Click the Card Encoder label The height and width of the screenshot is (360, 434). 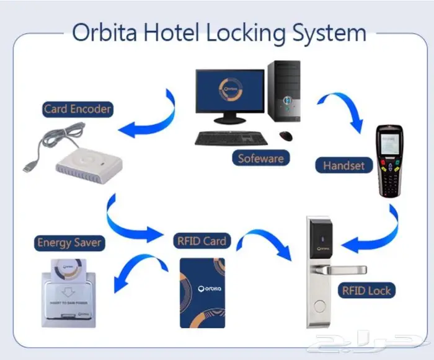point(77,110)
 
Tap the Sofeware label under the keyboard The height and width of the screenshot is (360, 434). point(260,159)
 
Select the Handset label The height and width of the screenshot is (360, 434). point(343,165)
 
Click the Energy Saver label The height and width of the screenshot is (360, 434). point(69,242)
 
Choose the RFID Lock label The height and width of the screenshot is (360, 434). point(368,290)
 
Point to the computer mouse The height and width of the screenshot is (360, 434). point(285,136)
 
